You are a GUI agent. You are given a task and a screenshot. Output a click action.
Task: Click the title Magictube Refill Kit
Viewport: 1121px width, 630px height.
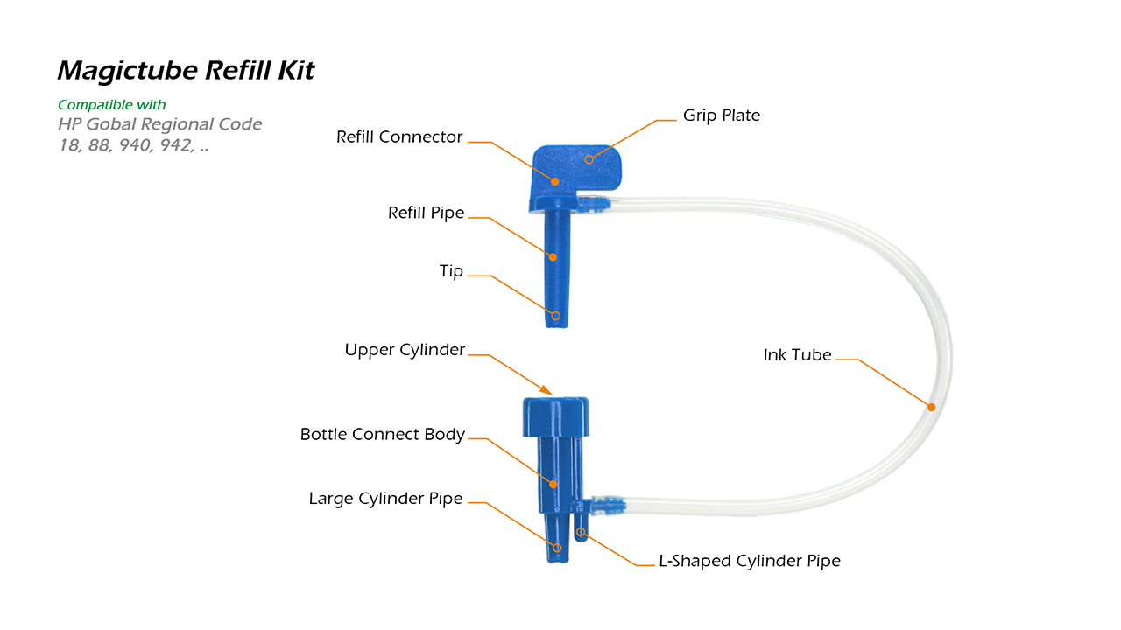[187, 71]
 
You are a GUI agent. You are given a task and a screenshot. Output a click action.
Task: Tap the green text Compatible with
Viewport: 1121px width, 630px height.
[111, 104]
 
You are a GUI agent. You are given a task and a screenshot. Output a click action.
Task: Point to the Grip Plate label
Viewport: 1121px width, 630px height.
[721, 116]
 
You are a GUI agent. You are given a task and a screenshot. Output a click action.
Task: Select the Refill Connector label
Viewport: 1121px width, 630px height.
[398, 137]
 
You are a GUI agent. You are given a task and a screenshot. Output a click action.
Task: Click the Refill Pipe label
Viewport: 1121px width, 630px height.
[426, 213]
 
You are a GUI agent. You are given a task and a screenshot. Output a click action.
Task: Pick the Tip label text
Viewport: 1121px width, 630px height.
[451, 271]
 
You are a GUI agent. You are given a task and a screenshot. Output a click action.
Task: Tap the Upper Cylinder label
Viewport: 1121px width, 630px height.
[405, 350]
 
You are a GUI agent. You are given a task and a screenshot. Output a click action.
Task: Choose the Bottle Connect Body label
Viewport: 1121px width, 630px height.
[383, 435]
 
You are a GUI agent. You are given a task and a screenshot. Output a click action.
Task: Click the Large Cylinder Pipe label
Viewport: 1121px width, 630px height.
[385, 499]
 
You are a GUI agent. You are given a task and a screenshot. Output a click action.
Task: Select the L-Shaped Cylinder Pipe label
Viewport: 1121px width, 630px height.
[749, 561]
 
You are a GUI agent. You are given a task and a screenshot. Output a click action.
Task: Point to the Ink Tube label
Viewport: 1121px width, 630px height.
[797, 355]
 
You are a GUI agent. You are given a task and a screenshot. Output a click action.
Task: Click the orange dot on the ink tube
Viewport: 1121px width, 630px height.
[931, 408]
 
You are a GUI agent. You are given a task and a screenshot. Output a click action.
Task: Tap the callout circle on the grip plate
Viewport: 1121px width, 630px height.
[589, 159]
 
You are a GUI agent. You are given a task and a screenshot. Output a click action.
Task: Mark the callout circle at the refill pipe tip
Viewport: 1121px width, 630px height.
[555, 316]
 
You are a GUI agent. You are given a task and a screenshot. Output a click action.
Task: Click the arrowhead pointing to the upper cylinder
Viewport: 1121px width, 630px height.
[546, 390]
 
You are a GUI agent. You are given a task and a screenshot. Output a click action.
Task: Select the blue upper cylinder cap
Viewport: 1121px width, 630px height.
[555, 417]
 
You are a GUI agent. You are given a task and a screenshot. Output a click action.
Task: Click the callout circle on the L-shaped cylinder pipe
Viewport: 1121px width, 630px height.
[581, 532]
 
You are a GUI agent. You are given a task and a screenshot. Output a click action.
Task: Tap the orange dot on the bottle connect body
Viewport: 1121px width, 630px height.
[553, 484]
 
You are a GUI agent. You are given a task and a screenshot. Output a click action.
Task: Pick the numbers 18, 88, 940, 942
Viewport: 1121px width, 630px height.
[134, 145]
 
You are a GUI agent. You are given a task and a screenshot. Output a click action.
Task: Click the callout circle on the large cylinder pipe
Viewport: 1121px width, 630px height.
[557, 548]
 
